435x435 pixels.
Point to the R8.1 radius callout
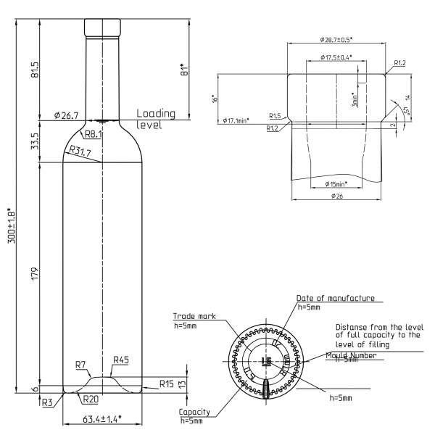click(x=93, y=134)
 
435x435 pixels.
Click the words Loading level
click(x=155, y=119)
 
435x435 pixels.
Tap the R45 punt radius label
click(x=121, y=359)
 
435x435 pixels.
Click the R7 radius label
click(x=80, y=364)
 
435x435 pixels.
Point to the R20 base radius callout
click(x=90, y=399)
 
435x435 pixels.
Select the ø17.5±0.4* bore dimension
click(x=336, y=57)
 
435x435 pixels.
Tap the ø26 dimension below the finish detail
click(x=336, y=196)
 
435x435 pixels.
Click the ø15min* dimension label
click(x=336, y=183)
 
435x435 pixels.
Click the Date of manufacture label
click(x=335, y=298)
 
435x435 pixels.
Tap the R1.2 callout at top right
click(x=399, y=64)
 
